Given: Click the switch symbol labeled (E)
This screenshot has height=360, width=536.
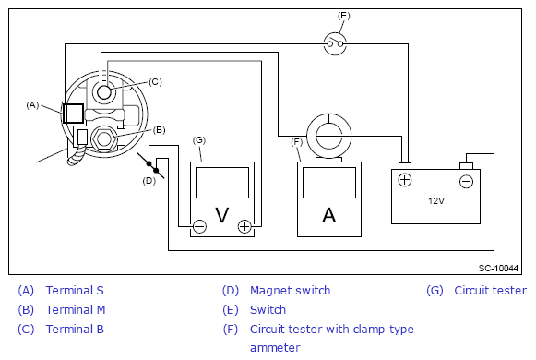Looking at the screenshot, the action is point(335,43).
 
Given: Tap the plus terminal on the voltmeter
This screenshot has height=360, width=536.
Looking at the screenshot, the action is point(244,226).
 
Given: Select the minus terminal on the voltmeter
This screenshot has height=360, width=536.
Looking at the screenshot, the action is point(199,226).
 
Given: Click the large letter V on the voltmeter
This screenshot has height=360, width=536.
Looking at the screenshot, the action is point(222,215).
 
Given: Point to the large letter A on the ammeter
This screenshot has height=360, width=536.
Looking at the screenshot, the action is point(328,215).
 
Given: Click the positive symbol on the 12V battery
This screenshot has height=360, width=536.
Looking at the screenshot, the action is point(405,180).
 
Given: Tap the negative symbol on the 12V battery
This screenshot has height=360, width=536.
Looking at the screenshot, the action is point(466,181).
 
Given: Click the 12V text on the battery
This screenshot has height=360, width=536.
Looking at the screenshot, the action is point(436,200).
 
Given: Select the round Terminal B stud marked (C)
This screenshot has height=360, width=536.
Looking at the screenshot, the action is point(104,92).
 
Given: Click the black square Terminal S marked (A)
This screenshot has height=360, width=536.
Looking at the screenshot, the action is point(73,114).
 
